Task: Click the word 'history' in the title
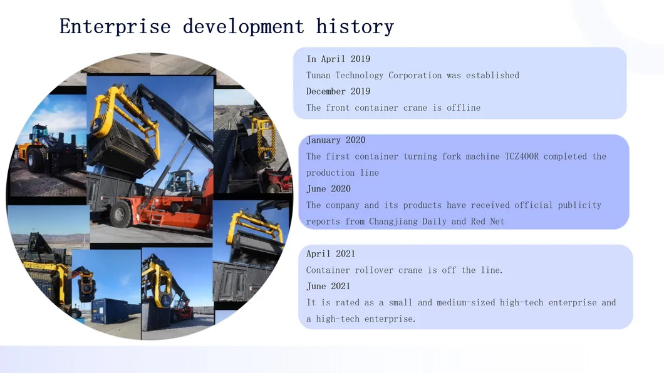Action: coord(355,27)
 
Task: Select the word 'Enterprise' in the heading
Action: coord(115,27)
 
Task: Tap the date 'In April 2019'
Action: coord(338,59)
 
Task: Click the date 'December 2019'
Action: coord(338,91)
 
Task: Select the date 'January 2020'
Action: coord(336,140)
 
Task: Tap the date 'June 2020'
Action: coord(328,189)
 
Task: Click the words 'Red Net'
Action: coord(487,222)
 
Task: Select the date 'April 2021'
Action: coord(331,254)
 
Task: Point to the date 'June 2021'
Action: coord(328,287)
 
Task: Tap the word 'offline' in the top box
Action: coord(464,108)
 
